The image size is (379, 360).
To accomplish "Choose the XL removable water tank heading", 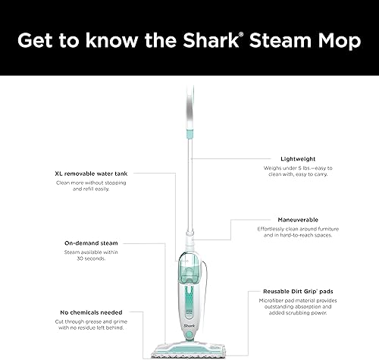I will click(x=96, y=173).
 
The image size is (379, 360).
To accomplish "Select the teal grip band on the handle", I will click(x=187, y=134).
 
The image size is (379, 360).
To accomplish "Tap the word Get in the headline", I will click(x=37, y=41).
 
